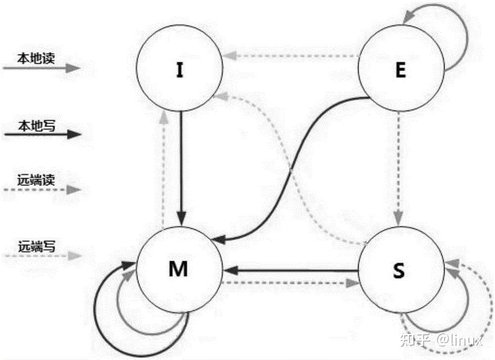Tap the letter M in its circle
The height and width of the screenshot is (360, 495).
(x=178, y=269)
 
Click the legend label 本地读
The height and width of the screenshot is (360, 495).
(x=36, y=58)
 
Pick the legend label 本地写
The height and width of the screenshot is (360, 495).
(x=37, y=126)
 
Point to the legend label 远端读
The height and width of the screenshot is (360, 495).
(x=36, y=180)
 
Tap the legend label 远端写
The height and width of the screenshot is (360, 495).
(x=37, y=246)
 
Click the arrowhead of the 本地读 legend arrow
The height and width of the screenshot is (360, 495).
(x=73, y=68)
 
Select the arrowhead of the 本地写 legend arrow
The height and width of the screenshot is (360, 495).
(x=74, y=135)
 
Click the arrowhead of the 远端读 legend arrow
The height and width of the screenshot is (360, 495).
(x=74, y=189)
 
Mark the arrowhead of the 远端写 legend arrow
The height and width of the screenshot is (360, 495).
(x=75, y=256)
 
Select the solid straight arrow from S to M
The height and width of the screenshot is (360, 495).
(x=290, y=270)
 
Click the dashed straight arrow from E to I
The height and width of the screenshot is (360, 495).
(x=290, y=56)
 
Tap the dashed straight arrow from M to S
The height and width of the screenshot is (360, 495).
(x=290, y=283)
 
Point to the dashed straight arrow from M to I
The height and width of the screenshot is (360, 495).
(x=163, y=169)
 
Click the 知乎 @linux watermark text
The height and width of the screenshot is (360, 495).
(x=441, y=340)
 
